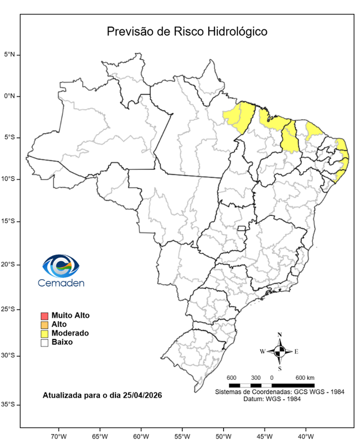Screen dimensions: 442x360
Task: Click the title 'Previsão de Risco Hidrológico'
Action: (187, 31)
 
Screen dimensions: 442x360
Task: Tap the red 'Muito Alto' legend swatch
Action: (44, 315)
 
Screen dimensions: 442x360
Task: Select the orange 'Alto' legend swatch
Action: (44, 325)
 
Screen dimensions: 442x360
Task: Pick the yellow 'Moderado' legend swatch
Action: (44, 333)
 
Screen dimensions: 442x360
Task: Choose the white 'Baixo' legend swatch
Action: (44, 342)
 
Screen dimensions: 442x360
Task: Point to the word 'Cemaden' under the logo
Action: (61, 283)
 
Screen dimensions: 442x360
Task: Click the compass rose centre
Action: (279, 350)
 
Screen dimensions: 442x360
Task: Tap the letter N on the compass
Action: (279, 334)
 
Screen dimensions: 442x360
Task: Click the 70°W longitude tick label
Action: (59, 435)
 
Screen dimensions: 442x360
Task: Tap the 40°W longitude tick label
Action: (305, 435)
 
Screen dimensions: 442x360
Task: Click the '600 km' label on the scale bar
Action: (305, 378)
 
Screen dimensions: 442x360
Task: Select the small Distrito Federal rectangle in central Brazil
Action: (242, 229)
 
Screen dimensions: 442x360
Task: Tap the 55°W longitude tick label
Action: (182, 435)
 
